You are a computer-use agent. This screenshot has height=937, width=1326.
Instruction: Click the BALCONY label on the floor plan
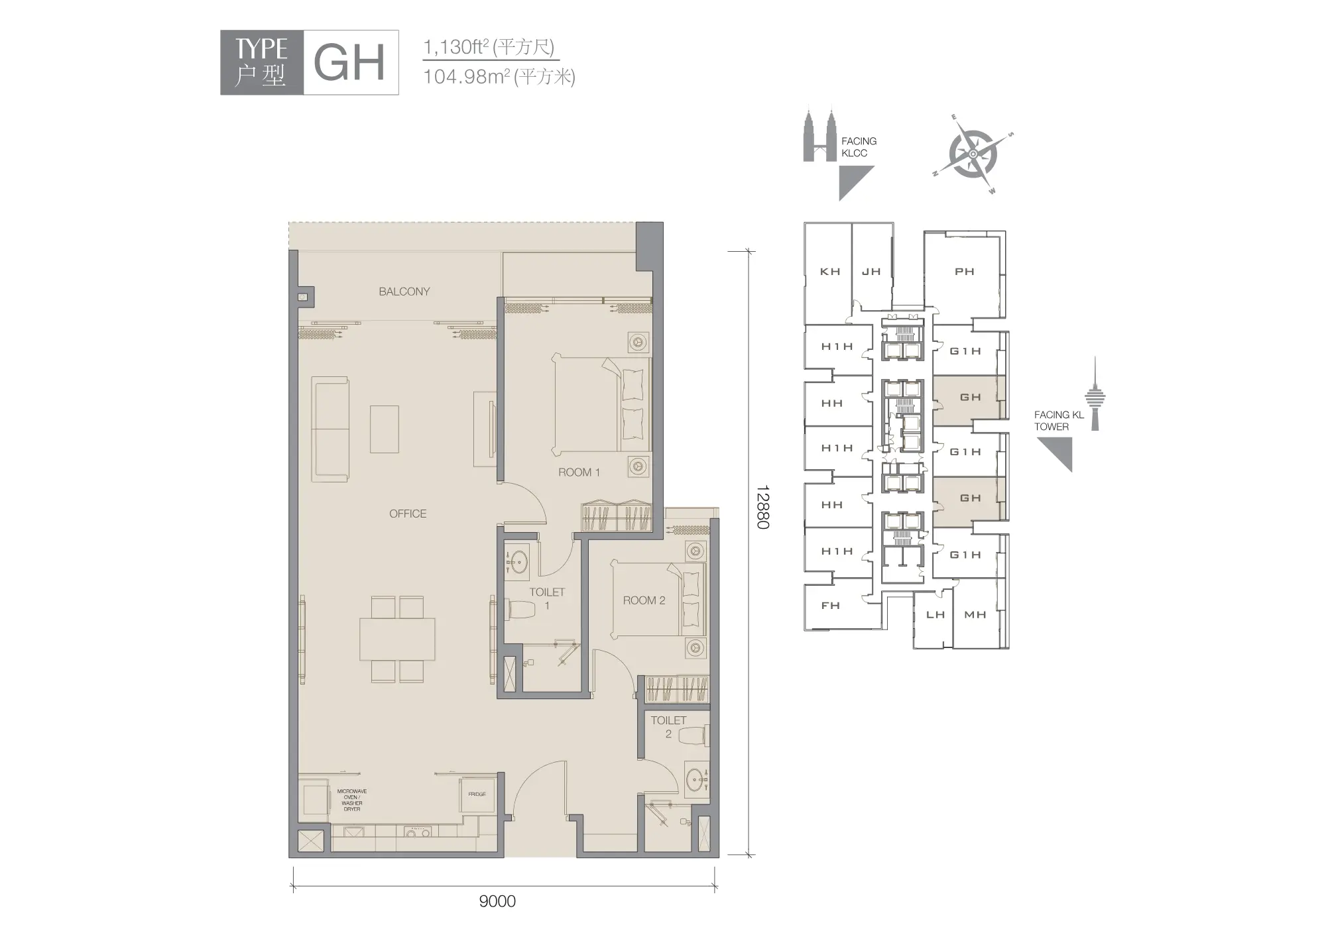pos(404,292)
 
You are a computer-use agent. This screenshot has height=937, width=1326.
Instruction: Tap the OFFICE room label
pos(408,514)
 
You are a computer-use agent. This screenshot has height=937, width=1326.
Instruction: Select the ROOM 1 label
pos(579,472)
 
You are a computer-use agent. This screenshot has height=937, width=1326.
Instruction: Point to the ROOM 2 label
pos(644,600)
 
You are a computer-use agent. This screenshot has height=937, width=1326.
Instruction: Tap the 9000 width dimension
pos(497,901)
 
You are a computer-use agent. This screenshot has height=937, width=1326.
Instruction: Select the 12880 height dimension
pos(762,507)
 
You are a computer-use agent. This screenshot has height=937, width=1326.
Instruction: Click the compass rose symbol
pos(973,154)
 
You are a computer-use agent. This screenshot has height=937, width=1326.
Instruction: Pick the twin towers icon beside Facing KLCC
pos(819,135)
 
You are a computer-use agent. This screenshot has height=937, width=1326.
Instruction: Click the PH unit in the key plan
pos(965,272)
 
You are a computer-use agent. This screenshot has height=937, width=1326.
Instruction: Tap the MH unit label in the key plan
pos(975,615)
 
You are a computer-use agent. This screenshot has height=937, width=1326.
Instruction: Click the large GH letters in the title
pos(349,63)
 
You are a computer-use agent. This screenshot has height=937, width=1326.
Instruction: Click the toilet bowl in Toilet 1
pos(524,609)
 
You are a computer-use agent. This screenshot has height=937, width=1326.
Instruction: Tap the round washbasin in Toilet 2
pos(695,780)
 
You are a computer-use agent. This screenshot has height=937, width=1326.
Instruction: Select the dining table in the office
pos(398,639)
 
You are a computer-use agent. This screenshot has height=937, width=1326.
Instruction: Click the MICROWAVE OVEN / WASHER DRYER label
pos(352,800)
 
